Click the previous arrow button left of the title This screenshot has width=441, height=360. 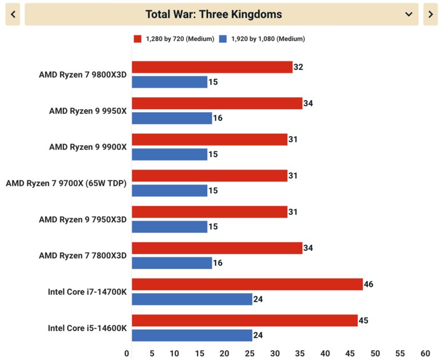point(13,14)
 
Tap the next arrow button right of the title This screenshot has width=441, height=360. point(430,14)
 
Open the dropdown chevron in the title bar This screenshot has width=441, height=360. point(409,14)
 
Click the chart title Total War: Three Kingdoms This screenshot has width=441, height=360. point(214,14)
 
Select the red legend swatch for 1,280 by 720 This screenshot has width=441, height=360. point(137,39)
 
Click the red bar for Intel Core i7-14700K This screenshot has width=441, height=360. point(247,284)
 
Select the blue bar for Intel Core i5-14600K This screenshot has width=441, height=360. point(192,335)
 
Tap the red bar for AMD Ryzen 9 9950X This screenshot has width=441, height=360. point(217,103)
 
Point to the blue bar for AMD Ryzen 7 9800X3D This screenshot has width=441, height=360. point(170,82)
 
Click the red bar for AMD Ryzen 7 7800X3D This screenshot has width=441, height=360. point(217,248)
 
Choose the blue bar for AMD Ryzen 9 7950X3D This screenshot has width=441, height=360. point(170,227)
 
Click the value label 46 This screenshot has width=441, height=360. point(368,284)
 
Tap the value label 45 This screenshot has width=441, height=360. point(363,321)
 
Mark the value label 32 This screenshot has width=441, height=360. point(298,67)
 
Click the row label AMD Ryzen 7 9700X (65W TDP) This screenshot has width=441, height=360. point(66,183)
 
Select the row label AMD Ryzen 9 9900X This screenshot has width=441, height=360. point(87,147)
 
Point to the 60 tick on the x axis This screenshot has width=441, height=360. point(425,353)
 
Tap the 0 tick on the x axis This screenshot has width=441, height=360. point(127,353)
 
